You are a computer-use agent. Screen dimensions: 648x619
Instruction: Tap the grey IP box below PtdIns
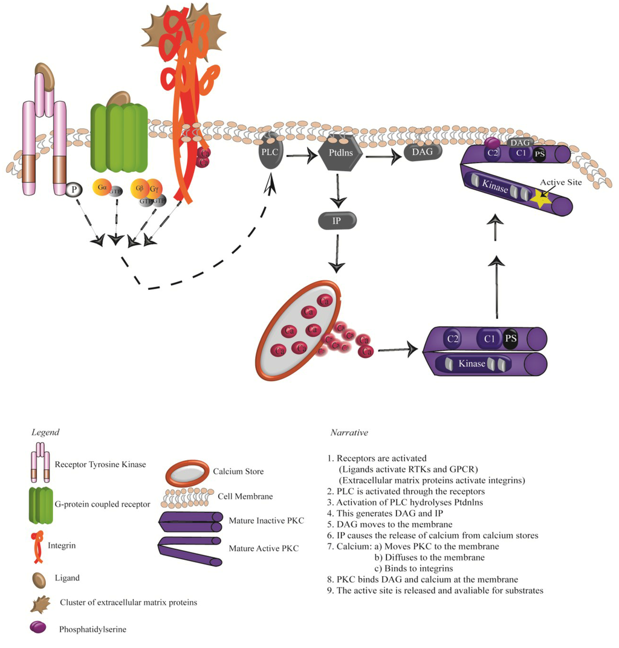337,221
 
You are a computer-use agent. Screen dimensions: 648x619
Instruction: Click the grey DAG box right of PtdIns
423,152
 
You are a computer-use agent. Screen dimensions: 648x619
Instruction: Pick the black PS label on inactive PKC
511,338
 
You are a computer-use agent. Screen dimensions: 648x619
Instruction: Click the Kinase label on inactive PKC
472,364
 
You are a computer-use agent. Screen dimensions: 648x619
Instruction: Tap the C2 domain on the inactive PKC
452,338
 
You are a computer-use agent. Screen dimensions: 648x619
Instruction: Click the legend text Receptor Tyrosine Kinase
100,464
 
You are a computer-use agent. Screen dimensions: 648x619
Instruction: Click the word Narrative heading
349,433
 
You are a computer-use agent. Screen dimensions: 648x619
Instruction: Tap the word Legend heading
45,432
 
